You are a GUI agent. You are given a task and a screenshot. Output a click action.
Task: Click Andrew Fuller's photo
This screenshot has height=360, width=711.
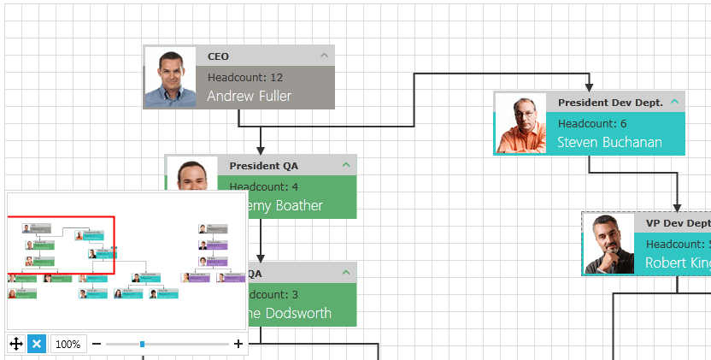point(171,77)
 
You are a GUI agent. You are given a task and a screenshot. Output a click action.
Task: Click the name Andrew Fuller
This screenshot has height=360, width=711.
point(249,96)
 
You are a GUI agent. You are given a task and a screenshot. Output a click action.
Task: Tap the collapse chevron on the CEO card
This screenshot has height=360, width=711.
point(324,56)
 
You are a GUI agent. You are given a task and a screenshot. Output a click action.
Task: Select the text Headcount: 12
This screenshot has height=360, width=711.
point(245,77)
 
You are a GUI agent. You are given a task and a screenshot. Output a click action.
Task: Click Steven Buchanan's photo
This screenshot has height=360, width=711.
point(521,123)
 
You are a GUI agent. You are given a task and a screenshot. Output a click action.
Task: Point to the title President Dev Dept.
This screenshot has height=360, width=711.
point(610,102)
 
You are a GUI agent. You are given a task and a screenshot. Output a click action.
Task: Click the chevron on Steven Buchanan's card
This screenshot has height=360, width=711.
point(674,102)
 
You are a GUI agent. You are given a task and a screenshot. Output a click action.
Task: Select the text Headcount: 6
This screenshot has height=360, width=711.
point(592,123)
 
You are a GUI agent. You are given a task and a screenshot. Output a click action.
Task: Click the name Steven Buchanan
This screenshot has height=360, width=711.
point(609,142)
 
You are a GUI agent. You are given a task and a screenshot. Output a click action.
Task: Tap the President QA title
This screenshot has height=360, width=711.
point(264,165)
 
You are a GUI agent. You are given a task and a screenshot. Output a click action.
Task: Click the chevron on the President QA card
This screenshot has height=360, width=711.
point(346,164)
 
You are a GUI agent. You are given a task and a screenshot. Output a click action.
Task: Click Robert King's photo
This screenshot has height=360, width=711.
point(608,244)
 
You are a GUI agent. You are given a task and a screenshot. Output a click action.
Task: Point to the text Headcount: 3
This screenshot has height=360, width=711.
point(271,295)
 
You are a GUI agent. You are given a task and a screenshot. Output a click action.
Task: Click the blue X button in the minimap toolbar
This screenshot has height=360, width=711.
point(36,344)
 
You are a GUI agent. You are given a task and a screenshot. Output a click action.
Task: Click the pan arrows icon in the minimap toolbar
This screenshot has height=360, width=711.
point(15,344)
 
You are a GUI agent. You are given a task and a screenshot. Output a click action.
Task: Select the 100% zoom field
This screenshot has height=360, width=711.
point(68,345)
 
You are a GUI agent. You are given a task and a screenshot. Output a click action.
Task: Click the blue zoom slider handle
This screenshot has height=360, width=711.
point(142,345)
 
